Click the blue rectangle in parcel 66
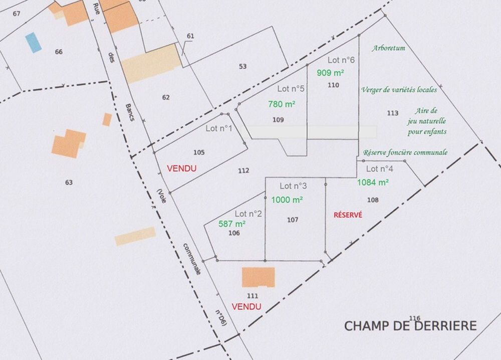click(34, 43)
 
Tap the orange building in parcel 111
click(258, 277)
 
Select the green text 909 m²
click(330, 73)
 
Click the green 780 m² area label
click(282, 104)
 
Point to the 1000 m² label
click(287, 200)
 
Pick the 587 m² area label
click(232, 224)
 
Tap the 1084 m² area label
click(373, 183)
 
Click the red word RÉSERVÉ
click(348, 215)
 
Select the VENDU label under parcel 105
click(181, 169)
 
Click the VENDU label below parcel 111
click(246, 306)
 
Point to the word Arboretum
click(388, 49)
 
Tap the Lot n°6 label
click(341, 60)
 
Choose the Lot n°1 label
click(219, 128)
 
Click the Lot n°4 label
click(380, 169)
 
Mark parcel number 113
click(393, 113)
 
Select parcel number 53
click(243, 66)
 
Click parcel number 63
click(69, 183)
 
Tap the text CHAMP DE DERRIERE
click(410, 326)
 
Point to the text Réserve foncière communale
click(405, 152)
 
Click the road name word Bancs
click(129, 113)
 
